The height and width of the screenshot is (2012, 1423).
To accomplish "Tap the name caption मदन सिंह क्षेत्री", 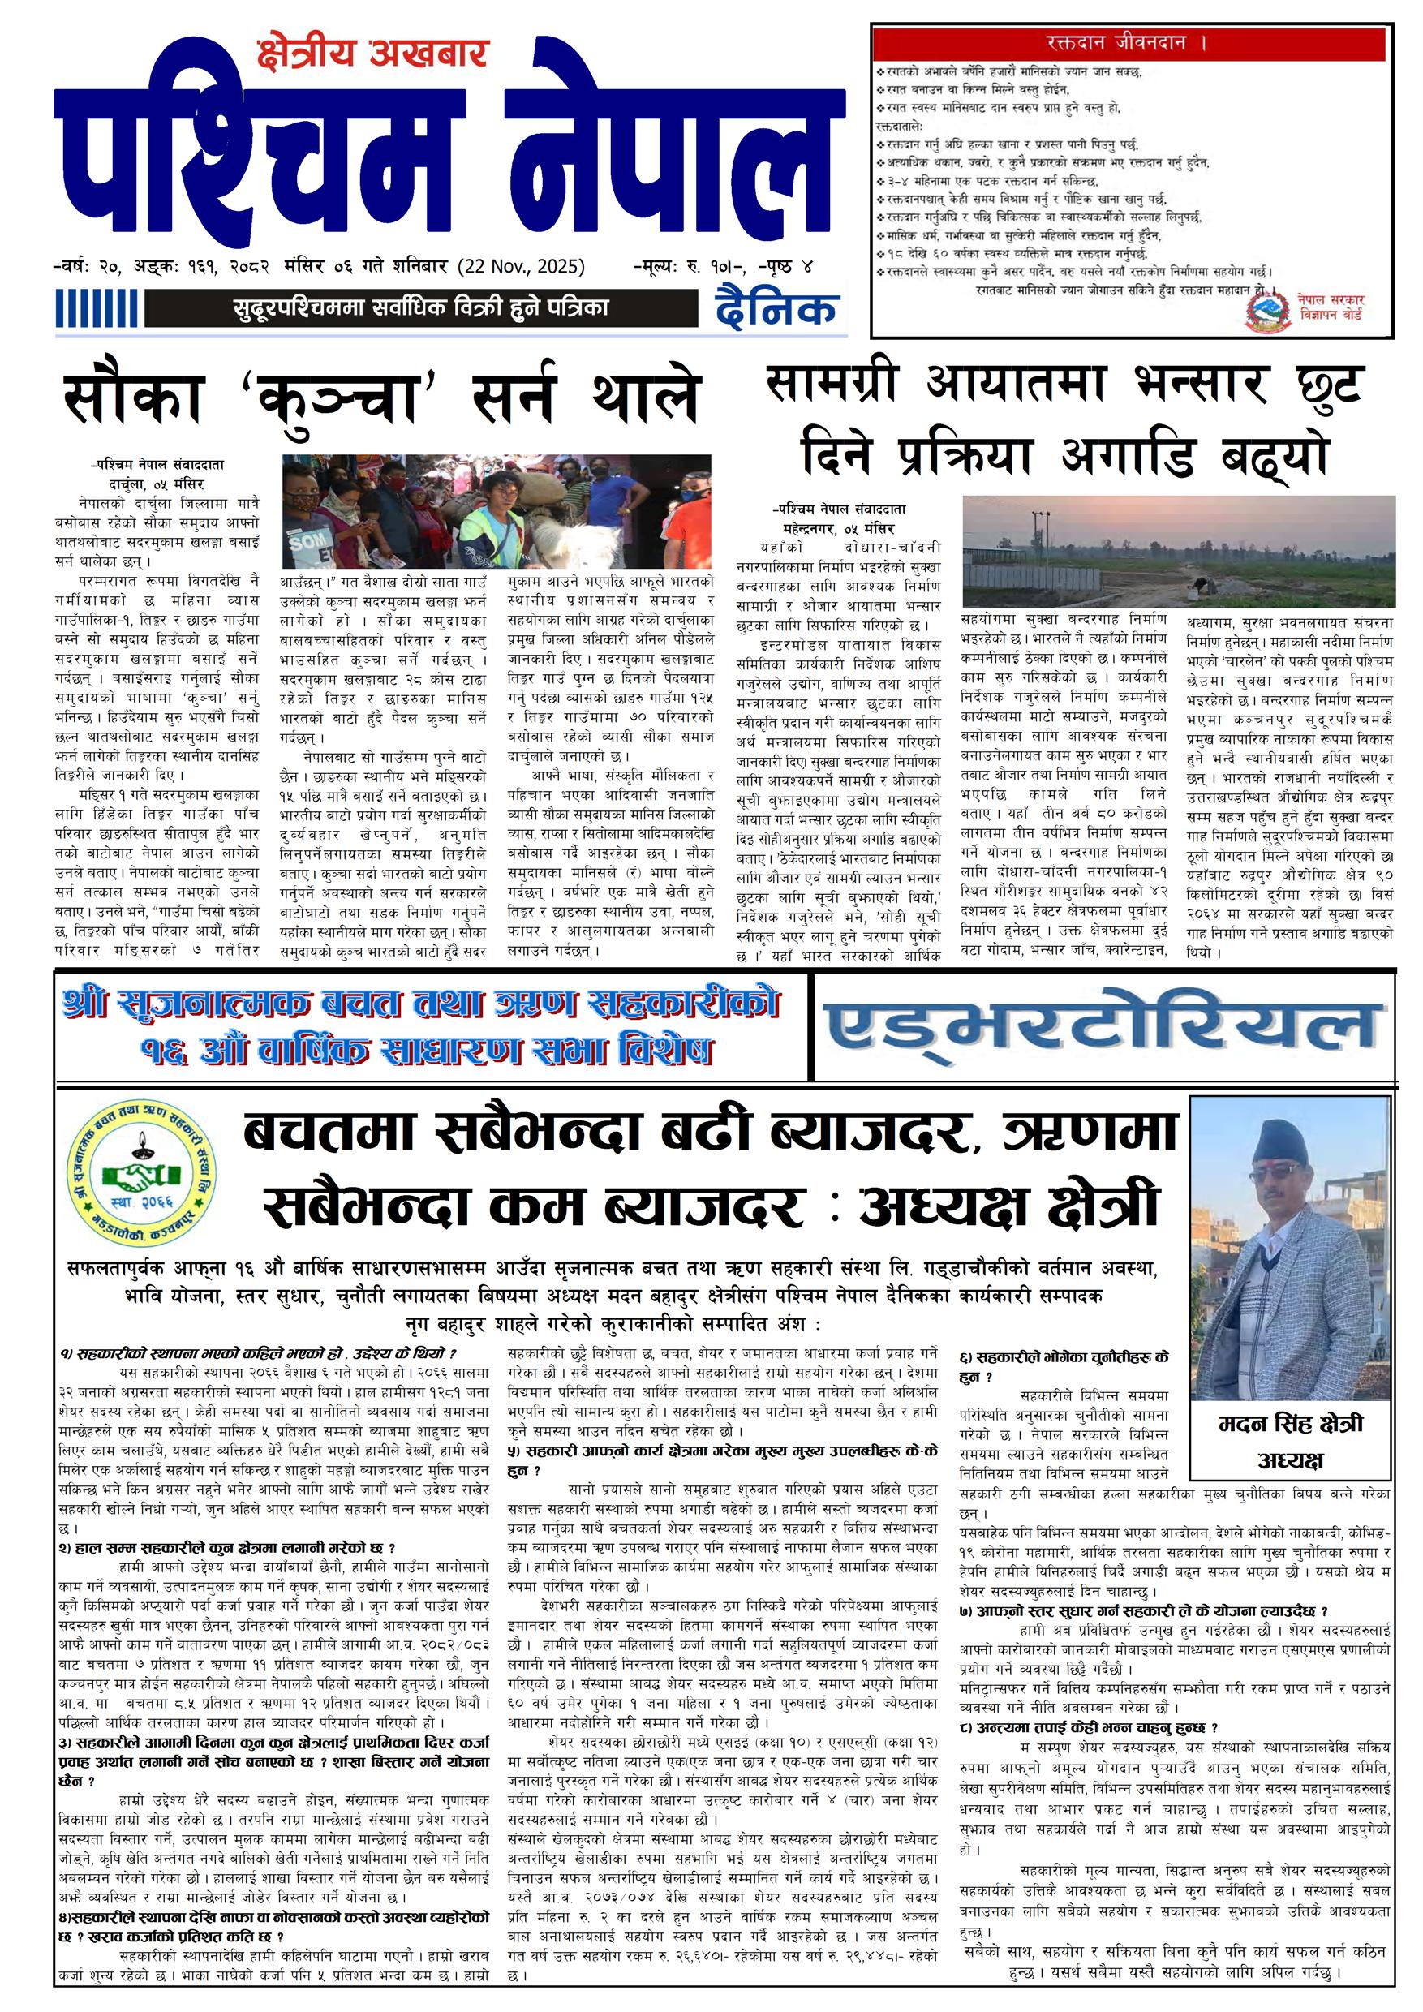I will pos(1291,1425).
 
